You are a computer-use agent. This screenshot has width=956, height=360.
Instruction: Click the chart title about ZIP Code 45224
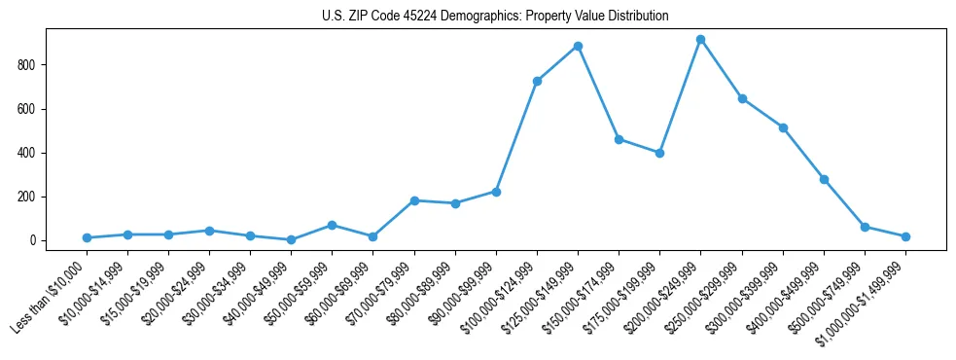pos(495,17)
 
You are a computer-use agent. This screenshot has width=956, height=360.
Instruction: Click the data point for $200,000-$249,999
pos(700,40)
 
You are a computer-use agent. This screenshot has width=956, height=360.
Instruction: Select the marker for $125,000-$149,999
pos(578,46)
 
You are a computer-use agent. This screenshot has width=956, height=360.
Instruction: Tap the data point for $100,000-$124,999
pos(537,81)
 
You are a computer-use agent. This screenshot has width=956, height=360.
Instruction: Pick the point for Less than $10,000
pos(87,237)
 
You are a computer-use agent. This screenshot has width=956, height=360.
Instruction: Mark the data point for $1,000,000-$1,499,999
pos(905,236)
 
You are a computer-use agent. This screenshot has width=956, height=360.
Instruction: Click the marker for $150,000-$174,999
pos(619,139)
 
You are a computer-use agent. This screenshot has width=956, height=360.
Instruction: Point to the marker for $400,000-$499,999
pos(824,179)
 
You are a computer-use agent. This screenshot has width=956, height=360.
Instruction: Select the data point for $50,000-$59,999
pos(333,225)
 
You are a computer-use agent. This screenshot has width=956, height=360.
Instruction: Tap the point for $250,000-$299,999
pos(742,98)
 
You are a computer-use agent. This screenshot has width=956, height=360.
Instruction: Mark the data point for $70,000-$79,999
pos(414,200)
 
